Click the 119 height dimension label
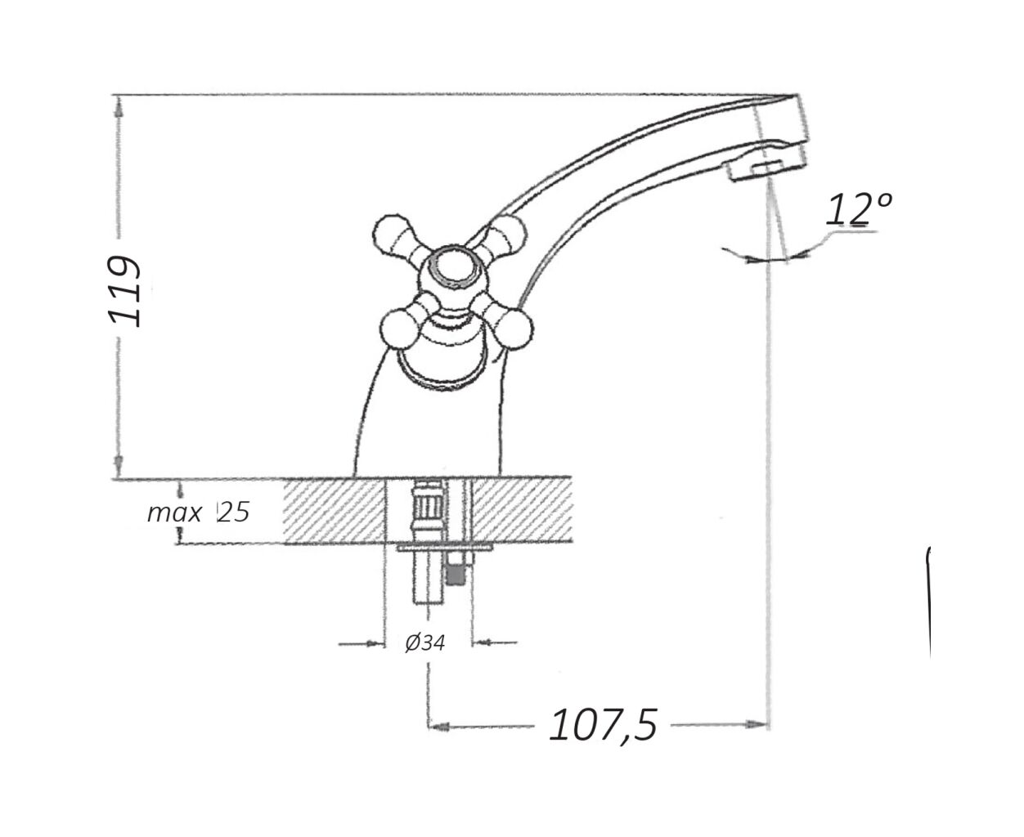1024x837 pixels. [124, 291]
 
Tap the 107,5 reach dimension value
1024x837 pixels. [603, 725]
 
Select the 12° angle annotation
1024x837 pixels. [859, 209]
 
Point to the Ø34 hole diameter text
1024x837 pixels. [424, 643]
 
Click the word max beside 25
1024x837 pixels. [174, 512]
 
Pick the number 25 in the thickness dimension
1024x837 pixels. [234, 512]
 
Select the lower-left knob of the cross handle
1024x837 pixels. [399, 329]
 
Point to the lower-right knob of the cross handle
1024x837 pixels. [513, 329]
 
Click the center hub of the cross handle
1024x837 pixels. [453, 268]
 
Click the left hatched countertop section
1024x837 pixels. [334, 511]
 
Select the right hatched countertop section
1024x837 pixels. [522, 510]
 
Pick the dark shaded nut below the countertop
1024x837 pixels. [455, 576]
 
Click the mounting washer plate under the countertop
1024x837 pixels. [444, 548]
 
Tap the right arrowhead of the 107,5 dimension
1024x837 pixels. [756, 725]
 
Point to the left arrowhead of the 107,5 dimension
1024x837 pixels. [440, 727]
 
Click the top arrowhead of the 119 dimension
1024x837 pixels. [119, 107]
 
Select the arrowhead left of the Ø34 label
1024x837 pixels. [375, 644]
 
